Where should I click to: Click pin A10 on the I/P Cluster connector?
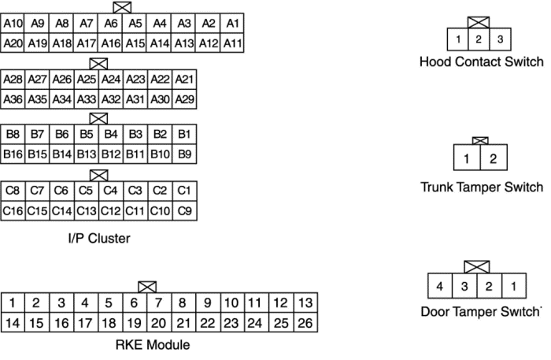13,24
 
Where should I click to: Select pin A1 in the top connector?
232,24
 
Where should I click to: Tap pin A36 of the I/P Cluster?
13,99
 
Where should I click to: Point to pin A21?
184,80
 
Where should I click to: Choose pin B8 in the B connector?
13,134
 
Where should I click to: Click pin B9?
184,154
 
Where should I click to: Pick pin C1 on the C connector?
184,191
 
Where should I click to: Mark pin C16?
13,211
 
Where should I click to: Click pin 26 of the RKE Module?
305,323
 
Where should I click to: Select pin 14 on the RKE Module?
13,323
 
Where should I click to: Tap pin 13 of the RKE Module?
305,302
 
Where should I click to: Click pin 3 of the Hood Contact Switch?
500,39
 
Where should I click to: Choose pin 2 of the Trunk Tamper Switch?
494,158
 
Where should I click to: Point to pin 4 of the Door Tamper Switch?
440,286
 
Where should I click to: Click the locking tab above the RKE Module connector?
147,288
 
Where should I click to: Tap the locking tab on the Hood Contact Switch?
479,23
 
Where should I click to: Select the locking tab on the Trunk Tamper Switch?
480,141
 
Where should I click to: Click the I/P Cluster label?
99,239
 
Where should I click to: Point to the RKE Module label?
153,345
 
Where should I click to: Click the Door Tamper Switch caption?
481,311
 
